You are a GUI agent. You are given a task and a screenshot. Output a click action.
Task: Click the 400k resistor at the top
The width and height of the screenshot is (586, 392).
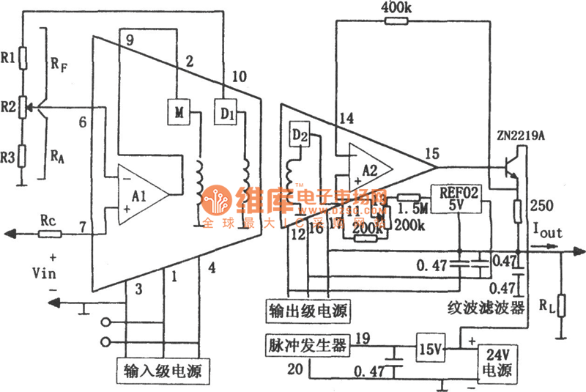(394, 21)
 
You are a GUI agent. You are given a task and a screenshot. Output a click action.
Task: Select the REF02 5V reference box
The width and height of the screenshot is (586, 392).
(457, 199)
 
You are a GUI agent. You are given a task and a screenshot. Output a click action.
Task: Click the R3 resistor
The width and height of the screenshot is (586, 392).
(23, 156)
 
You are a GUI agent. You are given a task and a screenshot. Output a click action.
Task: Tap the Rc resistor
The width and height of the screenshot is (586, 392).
(49, 234)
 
